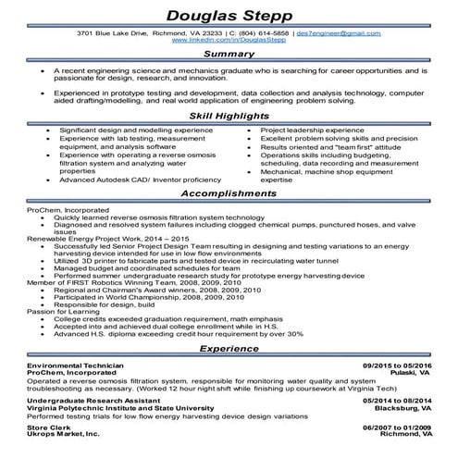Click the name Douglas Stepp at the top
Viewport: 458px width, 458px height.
click(x=229, y=16)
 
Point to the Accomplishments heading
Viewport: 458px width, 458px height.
click(x=229, y=194)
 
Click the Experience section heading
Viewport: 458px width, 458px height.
click(x=229, y=352)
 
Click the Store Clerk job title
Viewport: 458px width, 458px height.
click(x=48, y=427)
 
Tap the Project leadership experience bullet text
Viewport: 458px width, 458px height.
click(x=313, y=132)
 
